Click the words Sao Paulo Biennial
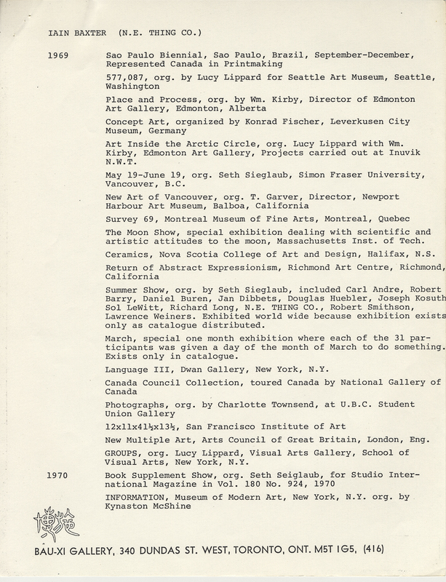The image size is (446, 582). pos(152,55)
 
